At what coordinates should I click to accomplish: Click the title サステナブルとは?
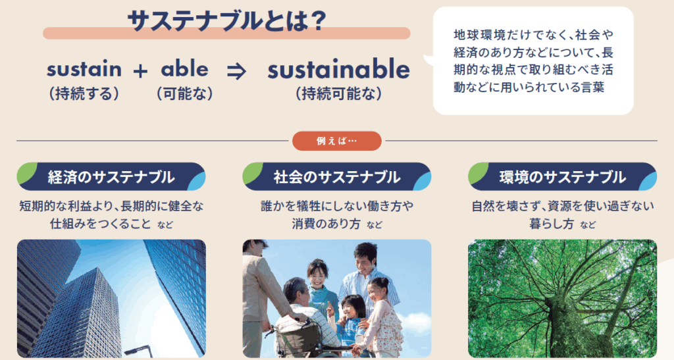[x=227, y=21]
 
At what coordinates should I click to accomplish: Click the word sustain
[x=84, y=69]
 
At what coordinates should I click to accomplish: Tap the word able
[x=185, y=68]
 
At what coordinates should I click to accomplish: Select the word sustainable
[x=339, y=69]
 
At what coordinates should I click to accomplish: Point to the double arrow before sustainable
[x=236, y=71]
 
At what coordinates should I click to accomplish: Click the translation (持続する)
[x=84, y=93]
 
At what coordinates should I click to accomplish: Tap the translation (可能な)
[x=185, y=93]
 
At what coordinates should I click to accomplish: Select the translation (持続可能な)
[x=339, y=93]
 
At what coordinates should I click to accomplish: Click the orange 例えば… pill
[x=337, y=141]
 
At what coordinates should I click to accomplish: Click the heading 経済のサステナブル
[x=111, y=177]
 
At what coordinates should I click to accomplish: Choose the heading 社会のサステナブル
[x=337, y=177]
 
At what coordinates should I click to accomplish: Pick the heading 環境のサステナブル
[x=563, y=177]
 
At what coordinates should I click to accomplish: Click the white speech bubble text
[x=533, y=61]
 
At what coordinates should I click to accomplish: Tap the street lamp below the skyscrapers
[x=138, y=350]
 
